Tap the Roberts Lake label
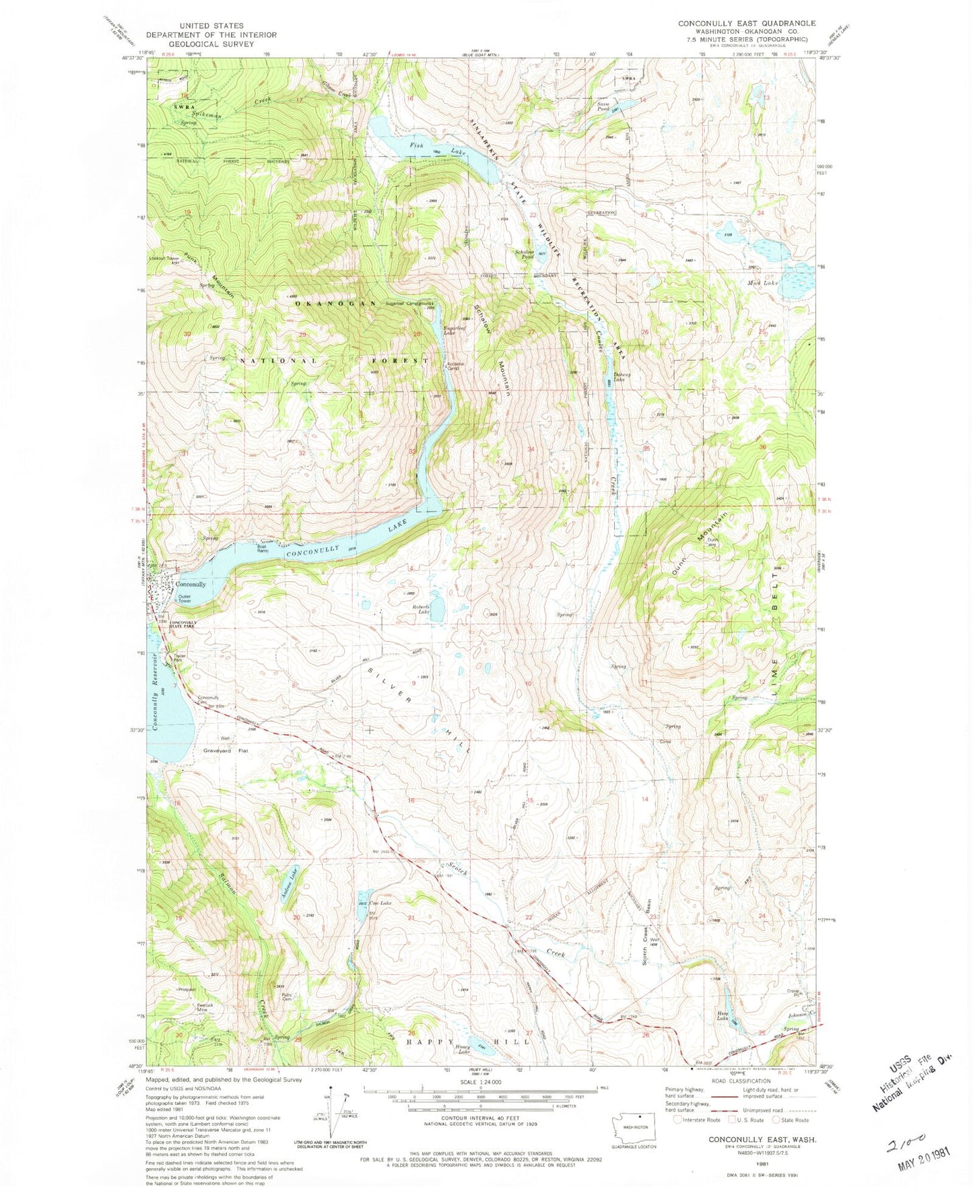click(x=421, y=609)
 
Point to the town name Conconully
click(x=191, y=584)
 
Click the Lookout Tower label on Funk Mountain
click(x=165, y=258)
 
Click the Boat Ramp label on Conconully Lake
click(x=262, y=549)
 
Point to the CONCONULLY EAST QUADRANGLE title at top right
click(x=747, y=23)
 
